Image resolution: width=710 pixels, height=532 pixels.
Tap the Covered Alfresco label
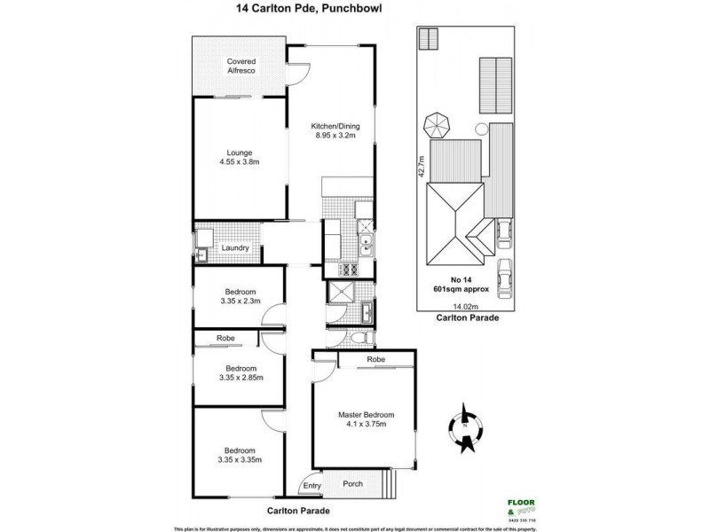point(240,67)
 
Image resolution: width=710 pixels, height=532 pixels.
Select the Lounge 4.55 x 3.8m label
point(240,156)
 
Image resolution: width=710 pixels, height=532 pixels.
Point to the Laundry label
point(235,248)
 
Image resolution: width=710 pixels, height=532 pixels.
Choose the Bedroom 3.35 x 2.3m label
point(240,297)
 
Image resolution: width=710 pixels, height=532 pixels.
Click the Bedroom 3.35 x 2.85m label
point(240,372)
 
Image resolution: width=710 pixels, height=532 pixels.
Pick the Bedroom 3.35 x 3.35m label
point(240,455)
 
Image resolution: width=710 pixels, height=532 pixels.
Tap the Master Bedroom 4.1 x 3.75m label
point(366,419)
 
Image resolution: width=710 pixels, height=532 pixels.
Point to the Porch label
point(353,484)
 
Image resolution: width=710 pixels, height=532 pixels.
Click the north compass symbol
point(466,424)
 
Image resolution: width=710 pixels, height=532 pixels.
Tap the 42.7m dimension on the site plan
point(422,166)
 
